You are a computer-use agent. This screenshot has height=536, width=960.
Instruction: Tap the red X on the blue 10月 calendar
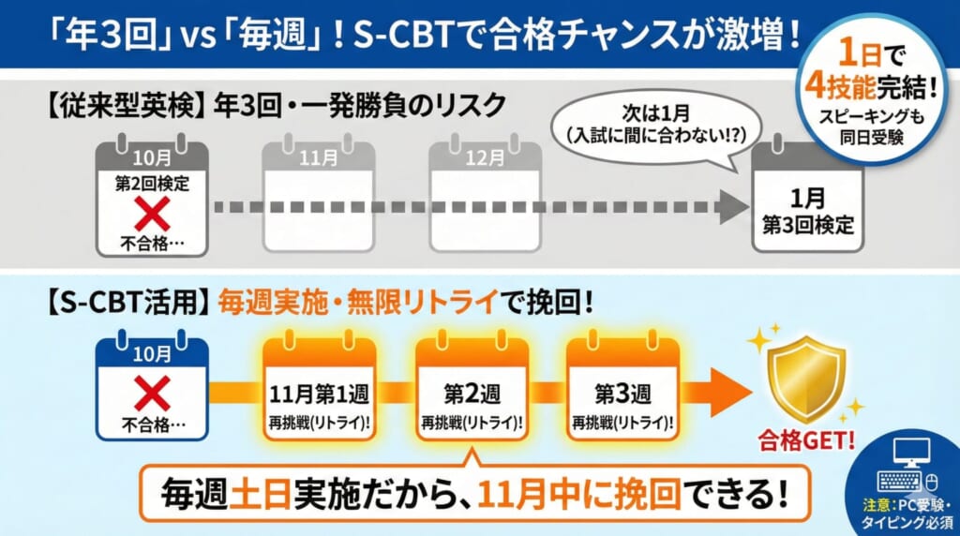pyautogui.click(x=152, y=395)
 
